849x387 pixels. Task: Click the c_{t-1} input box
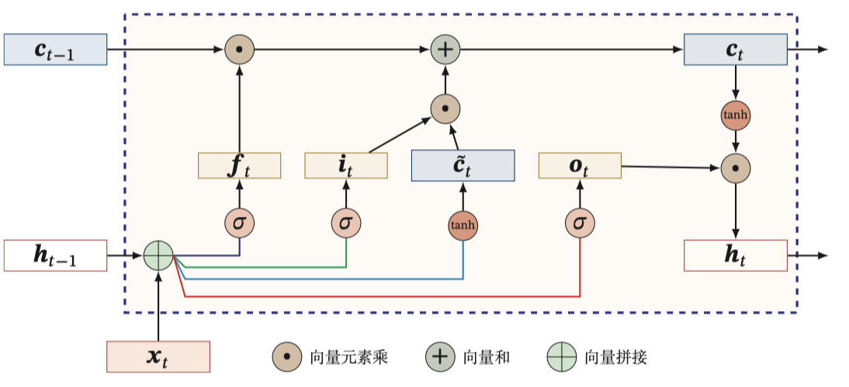click(55, 50)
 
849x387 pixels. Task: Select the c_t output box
click(735, 50)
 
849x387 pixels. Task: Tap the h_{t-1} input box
click(55, 256)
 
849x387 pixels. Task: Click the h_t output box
click(735, 256)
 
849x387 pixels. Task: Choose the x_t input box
click(158, 357)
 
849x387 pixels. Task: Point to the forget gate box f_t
click(239, 166)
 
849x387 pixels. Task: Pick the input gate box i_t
click(345, 166)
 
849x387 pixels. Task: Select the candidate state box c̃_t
click(463, 166)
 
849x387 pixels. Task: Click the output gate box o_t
click(580, 166)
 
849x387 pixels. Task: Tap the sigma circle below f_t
click(239, 223)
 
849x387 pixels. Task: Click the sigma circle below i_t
click(345, 223)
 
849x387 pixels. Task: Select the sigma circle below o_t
click(580, 223)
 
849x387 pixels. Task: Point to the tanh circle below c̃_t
click(463, 225)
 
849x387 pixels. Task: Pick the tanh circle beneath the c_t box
click(735, 115)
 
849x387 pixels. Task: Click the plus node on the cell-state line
click(445, 50)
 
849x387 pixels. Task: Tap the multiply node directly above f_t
click(239, 50)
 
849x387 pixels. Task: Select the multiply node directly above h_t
click(735, 167)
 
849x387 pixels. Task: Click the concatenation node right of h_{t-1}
click(158, 256)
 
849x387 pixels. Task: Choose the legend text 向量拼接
click(615, 357)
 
